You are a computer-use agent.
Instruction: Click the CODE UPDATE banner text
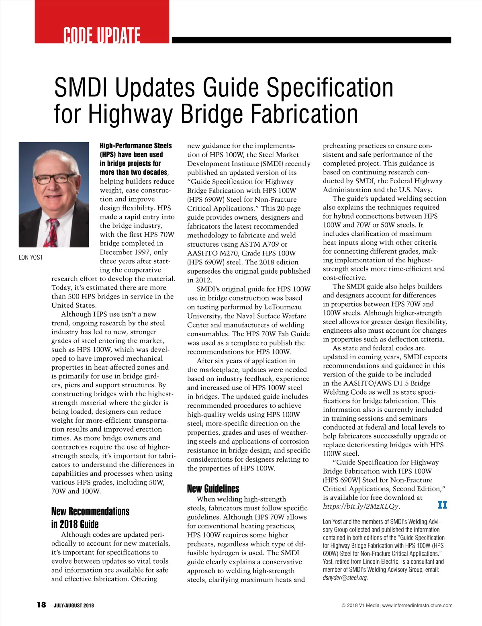click(x=102, y=35)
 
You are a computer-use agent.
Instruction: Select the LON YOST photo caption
click(x=31, y=257)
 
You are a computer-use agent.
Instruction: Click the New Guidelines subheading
click(x=213, y=489)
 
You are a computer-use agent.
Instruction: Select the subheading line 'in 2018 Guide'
click(x=75, y=524)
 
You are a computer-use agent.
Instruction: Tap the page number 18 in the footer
click(x=41, y=605)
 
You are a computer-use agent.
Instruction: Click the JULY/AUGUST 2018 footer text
click(x=74, y=606)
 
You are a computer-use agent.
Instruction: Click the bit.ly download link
click(x=361, y=506)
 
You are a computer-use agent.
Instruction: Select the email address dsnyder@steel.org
click(x=345, y=578)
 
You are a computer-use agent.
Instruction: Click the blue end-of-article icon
click(x=442, y=505)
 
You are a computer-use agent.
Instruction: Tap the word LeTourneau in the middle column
click(x=282, y=307)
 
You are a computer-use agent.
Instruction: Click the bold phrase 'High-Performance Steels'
click(x=136, y=146)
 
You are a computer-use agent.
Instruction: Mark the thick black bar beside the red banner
click(x=311, y=40)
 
